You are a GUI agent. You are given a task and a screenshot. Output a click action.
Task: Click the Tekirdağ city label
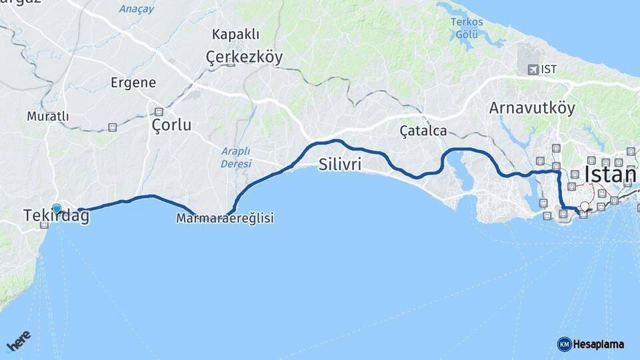tap(56, 217)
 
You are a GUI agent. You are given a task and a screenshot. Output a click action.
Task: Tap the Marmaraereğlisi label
tap(225, 218)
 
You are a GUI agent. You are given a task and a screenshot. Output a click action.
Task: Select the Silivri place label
tap(340, 164)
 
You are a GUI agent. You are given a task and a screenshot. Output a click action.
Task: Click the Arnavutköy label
tap(531, 108)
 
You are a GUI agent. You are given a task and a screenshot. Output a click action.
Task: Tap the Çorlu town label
tap(171, 125)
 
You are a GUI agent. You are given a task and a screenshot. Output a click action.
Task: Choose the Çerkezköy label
tap(244, 57)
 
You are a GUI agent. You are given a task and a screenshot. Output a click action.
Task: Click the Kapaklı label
tap(235, 34)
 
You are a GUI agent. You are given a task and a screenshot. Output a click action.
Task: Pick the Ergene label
tap(133, 83)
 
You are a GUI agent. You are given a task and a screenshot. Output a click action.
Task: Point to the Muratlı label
tap(48, 116)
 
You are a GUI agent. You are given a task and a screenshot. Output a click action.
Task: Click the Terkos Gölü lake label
tap(467, 27)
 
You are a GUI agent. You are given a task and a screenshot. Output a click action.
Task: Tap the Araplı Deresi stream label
tap(237, 157)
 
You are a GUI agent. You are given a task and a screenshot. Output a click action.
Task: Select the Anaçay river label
tap(137, 9)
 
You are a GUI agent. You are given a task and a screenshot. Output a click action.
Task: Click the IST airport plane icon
tap(533, 69)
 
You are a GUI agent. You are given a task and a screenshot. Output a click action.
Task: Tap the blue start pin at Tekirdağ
tap(57, 209)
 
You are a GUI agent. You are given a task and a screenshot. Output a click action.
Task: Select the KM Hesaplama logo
tap(591, 344)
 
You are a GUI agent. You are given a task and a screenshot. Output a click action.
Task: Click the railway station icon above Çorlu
tap(159, 111)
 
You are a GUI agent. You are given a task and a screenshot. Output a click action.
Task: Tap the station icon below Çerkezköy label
tap(231, 63)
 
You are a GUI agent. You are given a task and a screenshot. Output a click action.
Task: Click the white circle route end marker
tap(585, 207)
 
